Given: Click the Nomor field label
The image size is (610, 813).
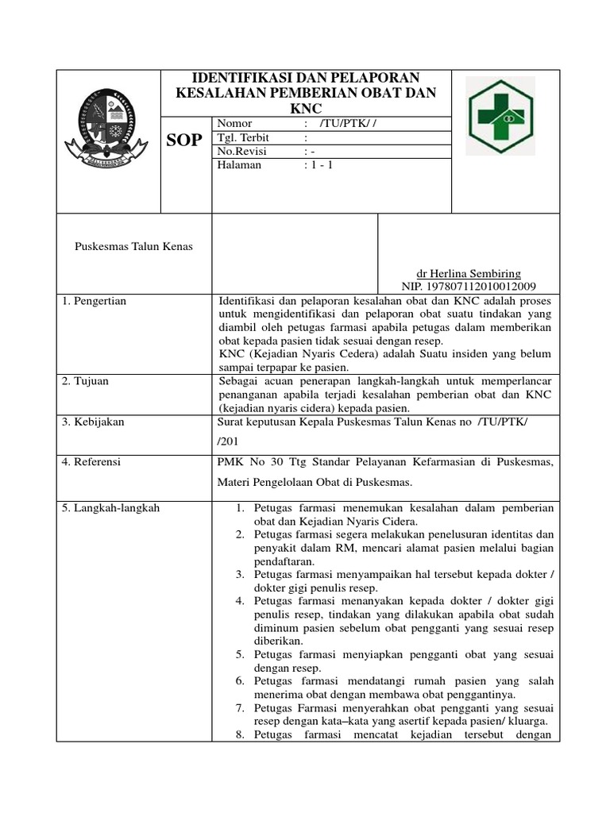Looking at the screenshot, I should (x=234, y=124).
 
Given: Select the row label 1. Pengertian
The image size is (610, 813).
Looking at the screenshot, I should (x=95, y=301).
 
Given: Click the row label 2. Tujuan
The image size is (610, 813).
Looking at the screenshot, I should (x=86, y=381).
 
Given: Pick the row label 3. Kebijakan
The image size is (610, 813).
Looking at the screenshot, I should (x=92, y=422).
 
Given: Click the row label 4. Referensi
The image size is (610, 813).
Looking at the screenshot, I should (x=91, y=460).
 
